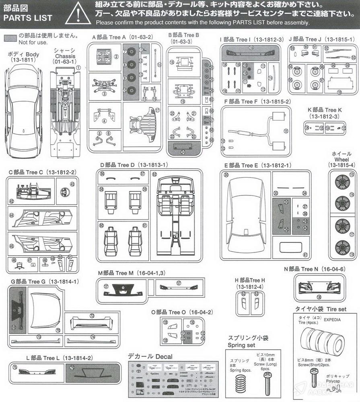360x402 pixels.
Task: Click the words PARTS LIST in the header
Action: [28, 18]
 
